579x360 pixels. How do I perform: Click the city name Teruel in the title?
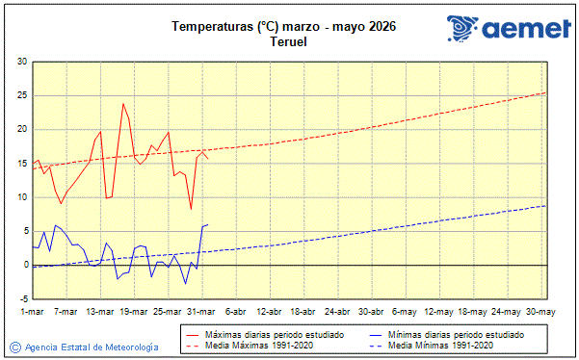point(289,42)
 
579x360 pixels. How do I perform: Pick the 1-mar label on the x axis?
point(33,312)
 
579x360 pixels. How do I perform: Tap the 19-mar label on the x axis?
point(134,312)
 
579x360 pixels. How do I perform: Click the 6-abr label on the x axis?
point(235,312)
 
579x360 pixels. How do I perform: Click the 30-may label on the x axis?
point(540,312)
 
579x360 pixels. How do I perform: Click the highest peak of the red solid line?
point(123,103)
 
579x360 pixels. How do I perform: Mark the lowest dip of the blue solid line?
point(186,284)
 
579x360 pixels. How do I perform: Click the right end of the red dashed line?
point(546,93)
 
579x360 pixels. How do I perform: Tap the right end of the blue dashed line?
point(546,205)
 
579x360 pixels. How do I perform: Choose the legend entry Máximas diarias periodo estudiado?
point(265,334)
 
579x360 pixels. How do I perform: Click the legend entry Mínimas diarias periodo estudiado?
point(456,334)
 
